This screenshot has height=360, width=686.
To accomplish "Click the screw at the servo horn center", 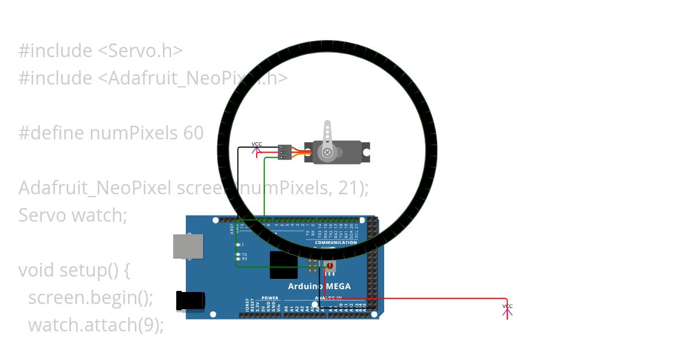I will click(327, 153).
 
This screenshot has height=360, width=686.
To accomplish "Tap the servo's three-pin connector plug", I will click(284, 152).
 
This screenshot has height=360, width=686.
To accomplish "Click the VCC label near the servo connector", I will click(257, 145).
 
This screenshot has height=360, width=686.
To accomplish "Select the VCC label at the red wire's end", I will click(508, 307).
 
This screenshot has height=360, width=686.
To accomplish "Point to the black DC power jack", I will click(190, 301).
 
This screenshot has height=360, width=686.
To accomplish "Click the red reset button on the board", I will click(330, 266).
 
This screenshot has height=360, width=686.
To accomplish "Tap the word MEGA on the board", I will click(336, 286).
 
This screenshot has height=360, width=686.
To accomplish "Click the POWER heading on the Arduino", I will click(270, 298).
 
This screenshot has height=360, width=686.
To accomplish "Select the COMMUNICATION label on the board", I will click(336, 242).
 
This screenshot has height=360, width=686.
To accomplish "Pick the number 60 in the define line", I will click(193, 133).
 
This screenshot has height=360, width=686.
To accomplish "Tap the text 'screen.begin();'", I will click(91, 298).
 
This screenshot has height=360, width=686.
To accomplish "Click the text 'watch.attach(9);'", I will click(96, 325).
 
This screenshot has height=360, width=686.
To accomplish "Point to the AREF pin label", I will click(232, 229).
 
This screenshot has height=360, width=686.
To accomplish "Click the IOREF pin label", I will click(247, 304).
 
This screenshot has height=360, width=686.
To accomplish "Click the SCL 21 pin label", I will click(357, 230).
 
